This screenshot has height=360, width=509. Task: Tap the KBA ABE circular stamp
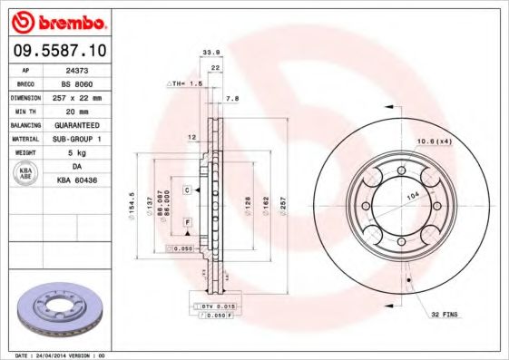[x=24, y=174]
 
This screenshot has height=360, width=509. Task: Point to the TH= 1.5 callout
[x=184, y=83]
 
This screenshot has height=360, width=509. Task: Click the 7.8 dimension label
[x=231, y=98]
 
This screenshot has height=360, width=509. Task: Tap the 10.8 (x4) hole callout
[x=434, y=141]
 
